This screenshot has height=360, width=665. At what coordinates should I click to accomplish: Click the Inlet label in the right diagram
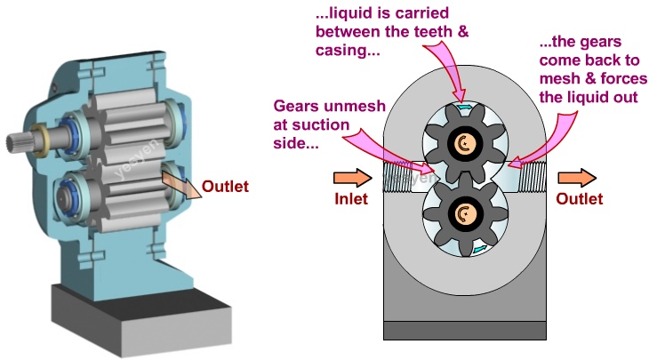(x=354, y=198)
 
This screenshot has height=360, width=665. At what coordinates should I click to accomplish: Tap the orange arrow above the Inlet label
(x=349, y=176)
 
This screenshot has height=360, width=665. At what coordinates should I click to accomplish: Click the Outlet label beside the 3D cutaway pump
(x=225, y=187)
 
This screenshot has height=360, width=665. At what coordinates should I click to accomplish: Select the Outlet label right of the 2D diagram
(x=579, y=198)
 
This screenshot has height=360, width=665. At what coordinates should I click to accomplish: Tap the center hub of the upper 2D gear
(x=461, y=142)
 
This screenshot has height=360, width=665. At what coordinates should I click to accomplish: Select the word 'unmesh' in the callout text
(x=357, y=107)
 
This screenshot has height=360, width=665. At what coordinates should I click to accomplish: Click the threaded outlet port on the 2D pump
(x=533, y=179)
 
